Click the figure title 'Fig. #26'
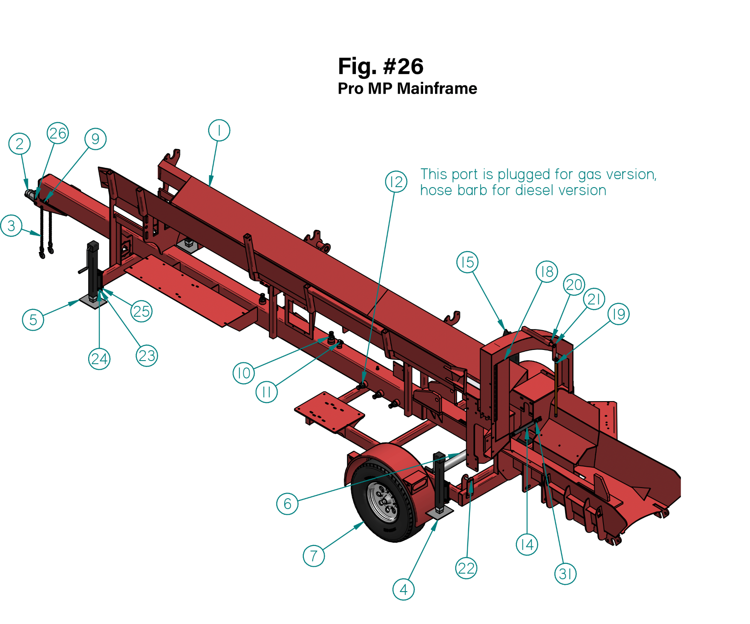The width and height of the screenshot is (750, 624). point(381,66)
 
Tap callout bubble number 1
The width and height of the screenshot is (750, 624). point(219,130)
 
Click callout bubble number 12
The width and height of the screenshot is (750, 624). point(396,182)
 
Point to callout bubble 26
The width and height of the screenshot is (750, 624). point(58,133)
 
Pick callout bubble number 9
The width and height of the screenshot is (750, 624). point(95,139)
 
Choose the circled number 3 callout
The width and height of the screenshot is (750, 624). point(12,225)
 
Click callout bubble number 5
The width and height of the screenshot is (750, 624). point(33,320)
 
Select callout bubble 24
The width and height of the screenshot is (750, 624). point(99,359)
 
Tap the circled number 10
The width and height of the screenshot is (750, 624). point(244,373)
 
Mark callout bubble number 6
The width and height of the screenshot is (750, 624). point(288,504)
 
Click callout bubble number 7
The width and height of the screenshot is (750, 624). point(314,556)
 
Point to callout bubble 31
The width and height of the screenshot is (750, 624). point(565,574)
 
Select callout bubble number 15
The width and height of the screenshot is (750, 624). point(467,262)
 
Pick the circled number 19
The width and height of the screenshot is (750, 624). point(618,314)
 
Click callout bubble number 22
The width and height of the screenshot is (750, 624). point(466,568)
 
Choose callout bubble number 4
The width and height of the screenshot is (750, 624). point(404,589)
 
